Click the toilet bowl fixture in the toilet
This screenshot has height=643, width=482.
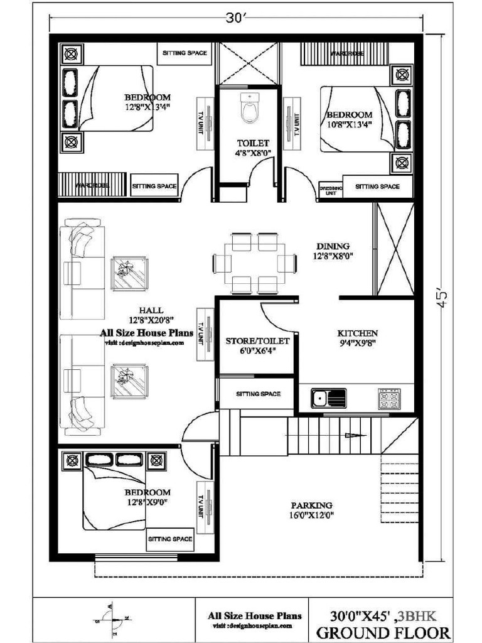pyautogui.click(x=250, y=109)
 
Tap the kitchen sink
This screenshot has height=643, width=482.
pyautogui.click(x=328, y=398)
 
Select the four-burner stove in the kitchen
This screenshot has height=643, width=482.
pyautogui.click(x=389, y=398)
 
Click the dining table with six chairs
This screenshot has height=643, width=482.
pyautogui.click(x=255, y=263)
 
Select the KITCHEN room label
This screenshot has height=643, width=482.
pyautogui.click(x=357, y=333)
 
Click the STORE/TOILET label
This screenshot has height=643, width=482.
pyautogui.click(x=257, y=341)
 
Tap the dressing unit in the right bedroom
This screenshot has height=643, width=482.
pyautogui.click(x=331, y=191)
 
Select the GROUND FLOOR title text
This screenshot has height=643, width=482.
pyautogui.click(x=383, y=632)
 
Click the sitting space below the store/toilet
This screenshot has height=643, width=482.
pyautogui.click(x=257, y=394)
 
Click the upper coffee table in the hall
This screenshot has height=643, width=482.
pyautogui.click(x=129, y=273)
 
